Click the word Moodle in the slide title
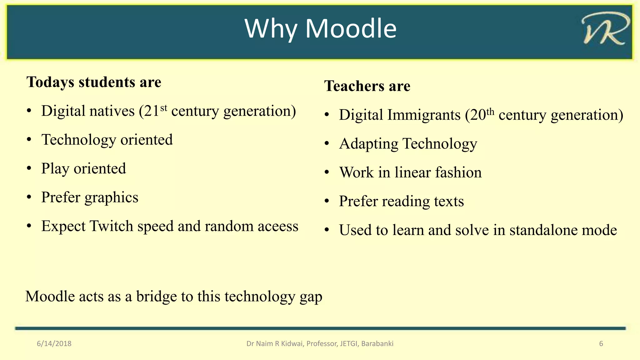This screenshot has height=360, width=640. [x=351, y=29]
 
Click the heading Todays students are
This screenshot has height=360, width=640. [x=94, y=82]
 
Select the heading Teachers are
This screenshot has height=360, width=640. [x=367, y=86]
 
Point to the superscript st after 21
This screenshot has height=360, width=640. [x=164, y=108]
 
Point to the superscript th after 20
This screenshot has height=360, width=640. [x=490, y=112]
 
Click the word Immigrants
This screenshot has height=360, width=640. [x=424, y=115]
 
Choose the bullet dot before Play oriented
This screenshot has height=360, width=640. [x=29, y=168]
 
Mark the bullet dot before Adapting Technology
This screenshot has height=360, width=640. [x=327, y=144]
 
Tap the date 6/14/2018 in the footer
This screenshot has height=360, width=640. [x=54, y=344]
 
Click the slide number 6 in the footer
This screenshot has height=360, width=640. [x=601, y=344]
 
